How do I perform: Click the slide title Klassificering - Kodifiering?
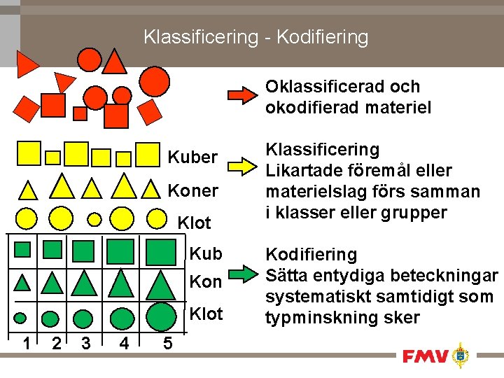pos(255,36)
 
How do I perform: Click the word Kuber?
pos(192,157)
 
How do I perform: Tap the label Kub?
pos(206,253)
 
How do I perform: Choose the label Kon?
pos(206,283)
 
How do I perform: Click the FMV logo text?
pos(425,357)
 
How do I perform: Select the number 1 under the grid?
pos(25,343)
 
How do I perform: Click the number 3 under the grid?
pos(85,343)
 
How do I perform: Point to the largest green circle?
pos(162,316)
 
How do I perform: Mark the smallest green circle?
pos(20,317)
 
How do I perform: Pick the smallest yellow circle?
pos(94,218)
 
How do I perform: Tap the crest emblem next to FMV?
pos(460,356)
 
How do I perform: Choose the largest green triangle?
pos(160,285)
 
